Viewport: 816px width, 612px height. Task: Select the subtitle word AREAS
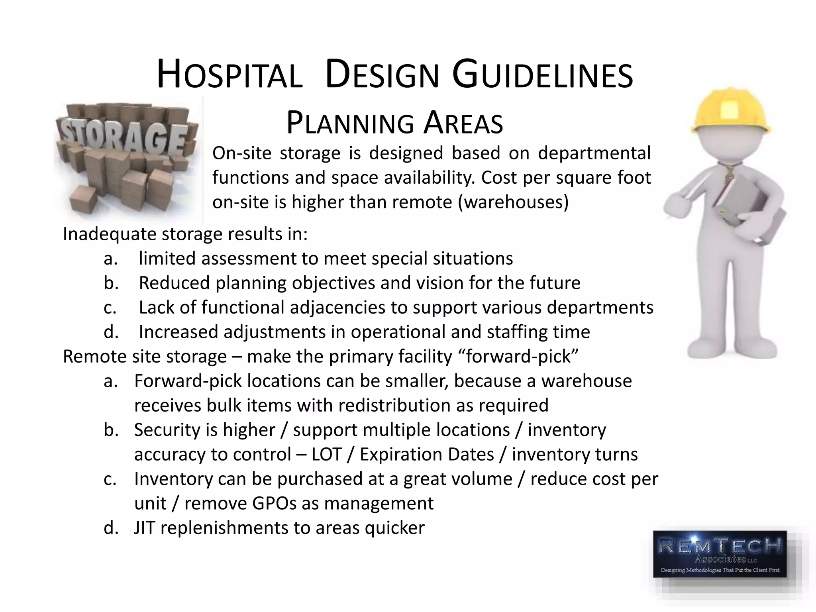click(463, 124)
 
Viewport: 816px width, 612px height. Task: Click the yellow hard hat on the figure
click(730, 111)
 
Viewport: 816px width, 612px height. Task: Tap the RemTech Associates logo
click(720, 554)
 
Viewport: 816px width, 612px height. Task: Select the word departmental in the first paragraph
click(594, 153)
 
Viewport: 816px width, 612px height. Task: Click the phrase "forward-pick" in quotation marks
click(522, 356)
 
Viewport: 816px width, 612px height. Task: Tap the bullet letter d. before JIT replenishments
click(111, 528)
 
